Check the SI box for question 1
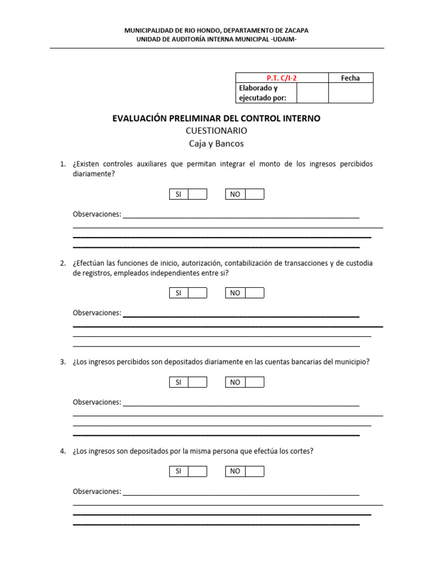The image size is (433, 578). (x=197, y=194)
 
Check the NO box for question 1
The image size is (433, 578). (x=254, y=194)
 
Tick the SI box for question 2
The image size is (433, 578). (x=197, y=293)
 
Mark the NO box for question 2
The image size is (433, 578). (x=254, y=293)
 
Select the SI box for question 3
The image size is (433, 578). (x=197, y=382)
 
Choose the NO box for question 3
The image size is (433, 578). (x=254, y=382)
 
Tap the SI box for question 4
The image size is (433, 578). (x=197, y=471)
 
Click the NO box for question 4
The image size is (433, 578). (x=254, y=471)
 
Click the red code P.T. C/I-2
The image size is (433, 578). (x=281, y=78)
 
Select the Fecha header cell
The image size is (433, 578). (x=350, y=78)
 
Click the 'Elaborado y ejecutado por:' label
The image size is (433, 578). (x=263, y=93)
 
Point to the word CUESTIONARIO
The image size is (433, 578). (x=216, y=131)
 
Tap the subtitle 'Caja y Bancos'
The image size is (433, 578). (x=216, y=143)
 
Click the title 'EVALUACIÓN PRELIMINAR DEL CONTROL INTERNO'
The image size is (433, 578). (x=216, y=119)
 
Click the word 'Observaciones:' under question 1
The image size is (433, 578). (x=97, y=214)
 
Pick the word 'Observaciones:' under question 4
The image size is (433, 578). (x=97, y=492)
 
